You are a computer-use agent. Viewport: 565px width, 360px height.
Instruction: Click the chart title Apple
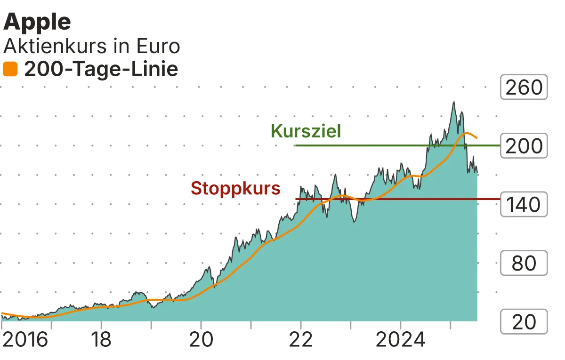coord(37,22)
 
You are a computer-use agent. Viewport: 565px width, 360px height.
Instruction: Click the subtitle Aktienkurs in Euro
coord(92,47)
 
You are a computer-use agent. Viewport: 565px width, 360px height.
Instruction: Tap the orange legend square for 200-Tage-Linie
coord(10,70)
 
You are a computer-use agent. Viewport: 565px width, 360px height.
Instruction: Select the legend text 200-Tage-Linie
coord(101,70)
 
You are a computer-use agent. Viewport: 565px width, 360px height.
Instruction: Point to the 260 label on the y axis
coord(524,88)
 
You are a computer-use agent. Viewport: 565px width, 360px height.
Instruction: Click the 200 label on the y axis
coord(524,146)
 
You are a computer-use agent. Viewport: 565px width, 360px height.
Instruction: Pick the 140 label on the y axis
coord(524,205)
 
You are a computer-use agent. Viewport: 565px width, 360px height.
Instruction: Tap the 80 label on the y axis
coord(524,264)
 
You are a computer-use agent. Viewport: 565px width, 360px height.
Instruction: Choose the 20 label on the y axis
coord(524,322)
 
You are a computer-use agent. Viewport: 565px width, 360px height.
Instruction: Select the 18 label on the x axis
coord(101,340)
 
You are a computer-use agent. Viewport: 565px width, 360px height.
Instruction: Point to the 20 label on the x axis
coord(201,340)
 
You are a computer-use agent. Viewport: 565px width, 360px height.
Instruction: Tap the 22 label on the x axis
coord(300,340)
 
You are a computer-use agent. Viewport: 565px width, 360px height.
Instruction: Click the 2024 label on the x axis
coord(400,340)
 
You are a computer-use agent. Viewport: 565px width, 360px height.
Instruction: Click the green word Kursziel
coord(306,131)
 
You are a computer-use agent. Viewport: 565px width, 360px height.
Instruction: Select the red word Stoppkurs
coord(235,189)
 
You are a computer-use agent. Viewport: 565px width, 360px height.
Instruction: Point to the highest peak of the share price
coord(453,102)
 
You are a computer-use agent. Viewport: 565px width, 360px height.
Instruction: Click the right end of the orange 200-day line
coord(477,138)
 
